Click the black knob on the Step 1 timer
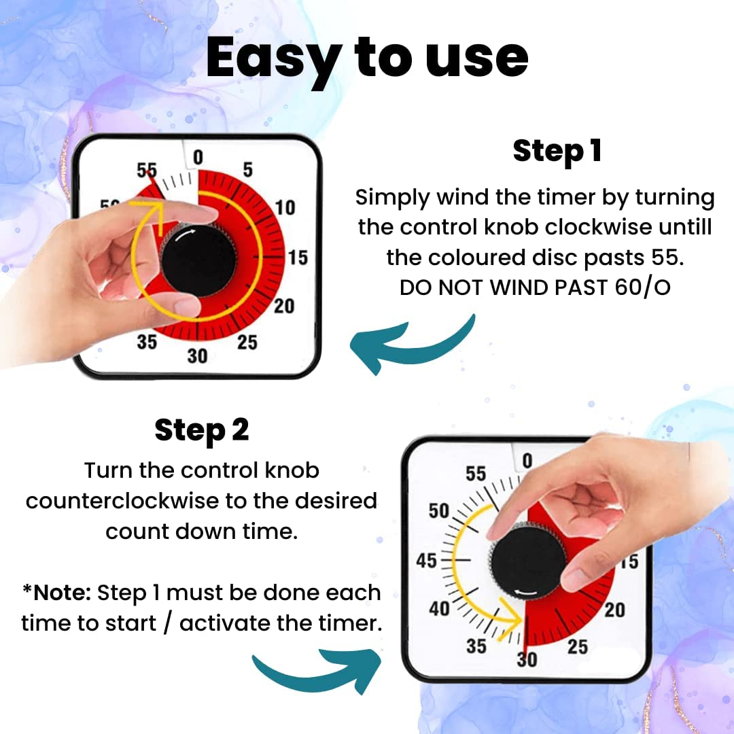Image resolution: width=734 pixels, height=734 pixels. click(x=198, y=261)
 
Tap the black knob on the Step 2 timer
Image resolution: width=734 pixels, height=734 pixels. click(x=528, y=561)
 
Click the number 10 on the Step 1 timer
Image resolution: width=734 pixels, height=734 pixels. click(x=285, y=207)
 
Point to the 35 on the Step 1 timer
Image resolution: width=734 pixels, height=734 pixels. click(x=147, y=342)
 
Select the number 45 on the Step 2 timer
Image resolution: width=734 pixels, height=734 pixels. click(x=427, y=561)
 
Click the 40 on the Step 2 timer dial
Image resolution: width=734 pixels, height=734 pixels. click(x=439, y=608)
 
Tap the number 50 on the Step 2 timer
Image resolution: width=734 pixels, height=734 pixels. click(x=440, y=510)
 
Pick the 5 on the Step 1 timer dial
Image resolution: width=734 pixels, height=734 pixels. click(x=248, y=170)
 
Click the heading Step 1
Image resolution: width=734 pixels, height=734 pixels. click(x=557, y=151)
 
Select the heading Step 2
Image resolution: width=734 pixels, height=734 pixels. click(x=202, y=430)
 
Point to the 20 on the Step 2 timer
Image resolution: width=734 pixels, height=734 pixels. click(x=614, y=610)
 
